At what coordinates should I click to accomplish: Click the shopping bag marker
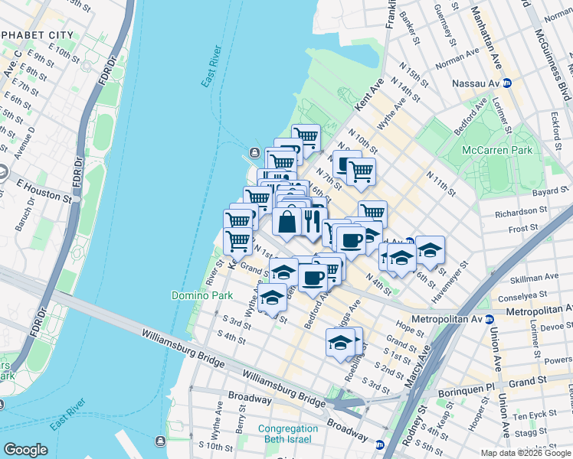point(286,222)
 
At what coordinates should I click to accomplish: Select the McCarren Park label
point(497,151)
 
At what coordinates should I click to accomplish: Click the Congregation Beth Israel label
point(288,435)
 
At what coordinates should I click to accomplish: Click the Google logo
point(25,450)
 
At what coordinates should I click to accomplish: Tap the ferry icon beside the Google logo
point(160,440)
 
